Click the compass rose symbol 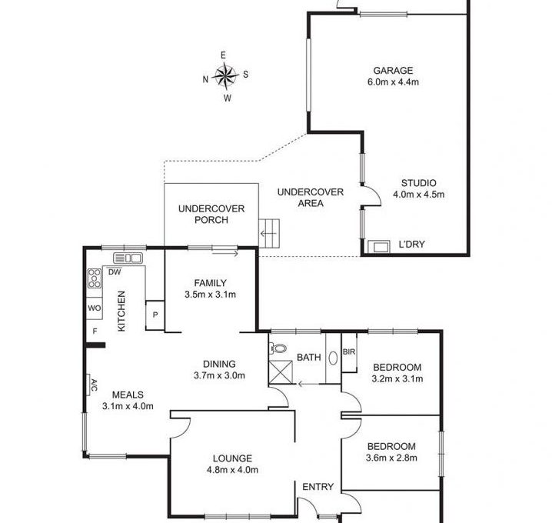coord(225,75)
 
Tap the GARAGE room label coord(393,71)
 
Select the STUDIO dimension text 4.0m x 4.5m coord(418,195)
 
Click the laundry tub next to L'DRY coord(379,247)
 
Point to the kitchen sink coord(128,258)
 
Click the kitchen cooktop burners coord(95,278)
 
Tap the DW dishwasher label coord(115,272)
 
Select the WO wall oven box coord(95,308)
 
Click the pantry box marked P coord(155,315)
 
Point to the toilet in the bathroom coord(278,348)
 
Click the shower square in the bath coord(281,372)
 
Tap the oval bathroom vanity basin coord(333,358)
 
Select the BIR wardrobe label coord(349,351)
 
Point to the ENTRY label coord(318,487)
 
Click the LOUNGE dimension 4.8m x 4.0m coord(232,470)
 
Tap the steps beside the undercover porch coord(269,233)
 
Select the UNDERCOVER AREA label coord(311,198)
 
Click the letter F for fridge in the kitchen coord(95,331)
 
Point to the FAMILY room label coord(210,283)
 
